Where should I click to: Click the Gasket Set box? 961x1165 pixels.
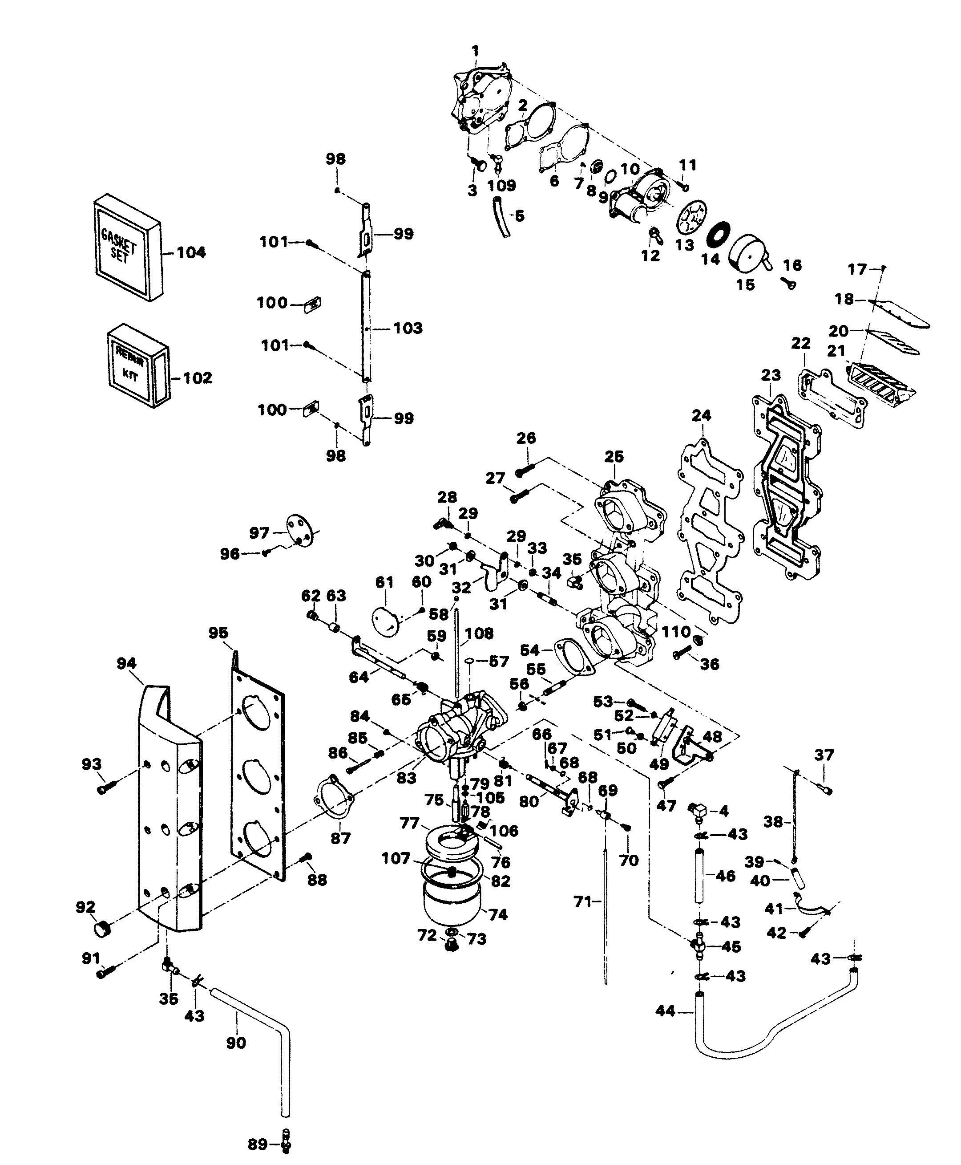(x=126, y=248)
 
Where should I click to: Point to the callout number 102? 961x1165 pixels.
(x=198, y=378)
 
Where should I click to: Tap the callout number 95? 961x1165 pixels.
(x=218, y=633)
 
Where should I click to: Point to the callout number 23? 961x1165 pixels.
(x=771, y=376)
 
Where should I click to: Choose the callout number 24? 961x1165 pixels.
(x=701, y=415)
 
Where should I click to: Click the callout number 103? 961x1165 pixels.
(x=408, y=328)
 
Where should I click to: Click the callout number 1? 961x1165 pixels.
(x=475, y=52)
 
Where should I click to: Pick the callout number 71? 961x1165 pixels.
(x=583, y=902)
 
